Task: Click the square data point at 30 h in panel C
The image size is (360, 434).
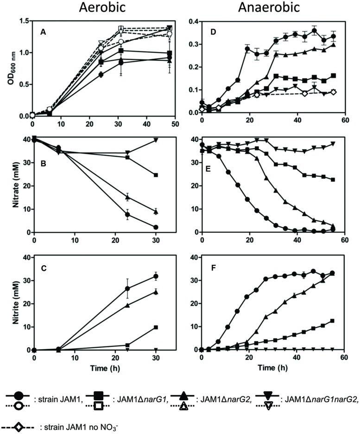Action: pos(156,327)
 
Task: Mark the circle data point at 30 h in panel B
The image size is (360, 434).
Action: pos(156,227)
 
